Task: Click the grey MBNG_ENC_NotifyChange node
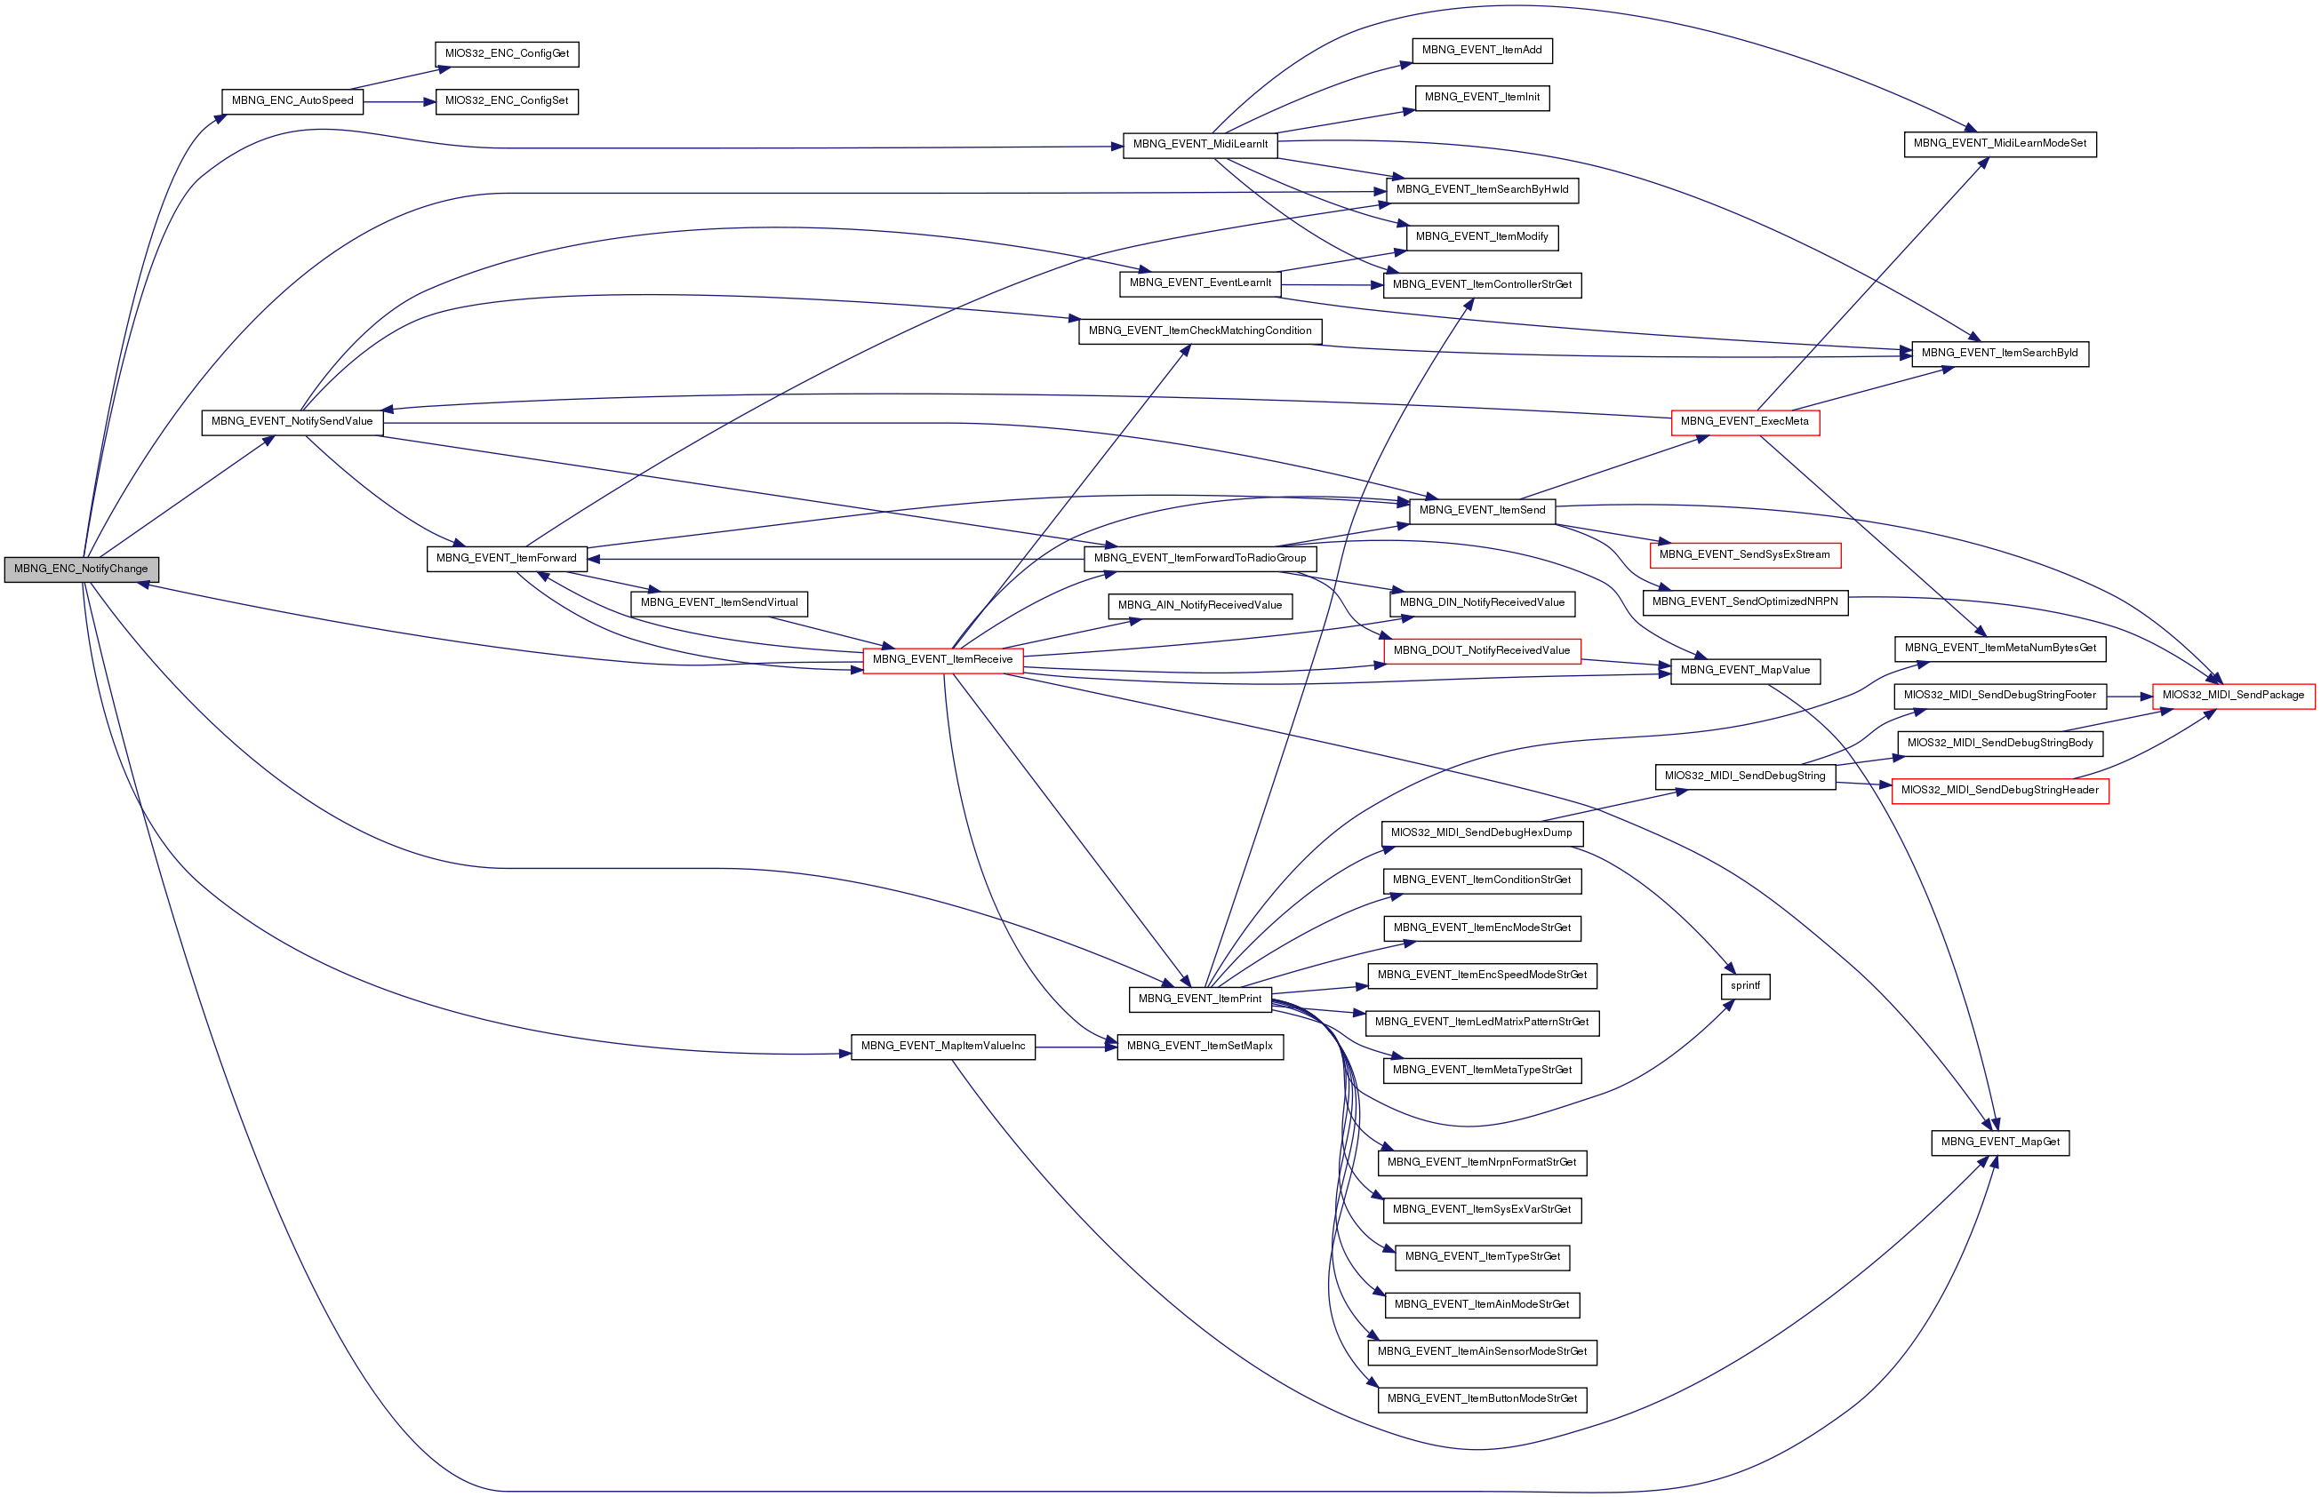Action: (x=81, y=569)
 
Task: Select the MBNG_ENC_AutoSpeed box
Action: (x=292, y=101)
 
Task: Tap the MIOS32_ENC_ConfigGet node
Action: (x=507, y=54)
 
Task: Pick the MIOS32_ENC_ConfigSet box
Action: (x=507, y=101)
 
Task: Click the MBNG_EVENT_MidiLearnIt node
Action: (x=1200, y=145)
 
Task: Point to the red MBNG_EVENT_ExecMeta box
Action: (x=1744, y=422)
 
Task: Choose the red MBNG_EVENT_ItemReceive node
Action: (x=942, y=660)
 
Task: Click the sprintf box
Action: (x=1744, y=985)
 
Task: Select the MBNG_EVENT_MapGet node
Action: (x=2000, y=1143)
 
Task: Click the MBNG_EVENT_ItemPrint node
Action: (x=1199, y=999)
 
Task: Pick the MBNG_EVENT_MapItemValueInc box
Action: (x=942, y=1047)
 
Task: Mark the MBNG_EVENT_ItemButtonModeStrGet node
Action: (x=1482, y=1398)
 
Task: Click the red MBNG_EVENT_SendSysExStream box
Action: (x=1744, y=555)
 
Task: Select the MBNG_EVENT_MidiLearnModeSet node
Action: (x=1999, y=144)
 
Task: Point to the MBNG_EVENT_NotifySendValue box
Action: (x=292, y=422)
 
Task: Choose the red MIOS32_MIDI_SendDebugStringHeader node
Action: (x=1999, y=791)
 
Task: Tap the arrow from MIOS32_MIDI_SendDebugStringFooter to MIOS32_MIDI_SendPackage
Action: (x=2130, y=696)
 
